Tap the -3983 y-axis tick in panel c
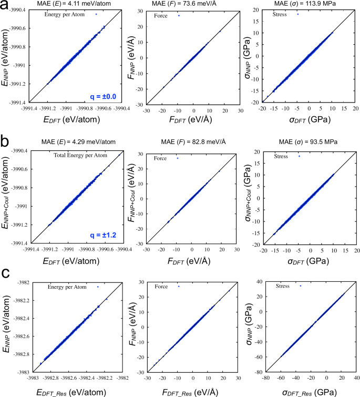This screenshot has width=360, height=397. [22, 372]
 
